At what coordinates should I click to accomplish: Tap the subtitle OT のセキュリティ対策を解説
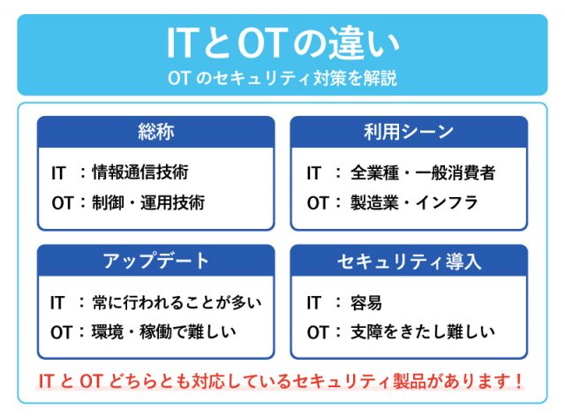click(282, 78)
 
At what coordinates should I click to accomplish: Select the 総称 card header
click(155, 133)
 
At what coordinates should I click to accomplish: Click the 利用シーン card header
click(409, 133)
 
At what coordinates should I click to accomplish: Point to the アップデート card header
click(155, 261)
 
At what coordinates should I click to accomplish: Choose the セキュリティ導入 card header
click(409, 261)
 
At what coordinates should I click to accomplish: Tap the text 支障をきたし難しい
click(423, 332)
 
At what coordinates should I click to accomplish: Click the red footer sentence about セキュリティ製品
click(282, 381)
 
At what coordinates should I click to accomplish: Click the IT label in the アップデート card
click(60, 302)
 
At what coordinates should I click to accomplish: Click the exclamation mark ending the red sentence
click(519, 381)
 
